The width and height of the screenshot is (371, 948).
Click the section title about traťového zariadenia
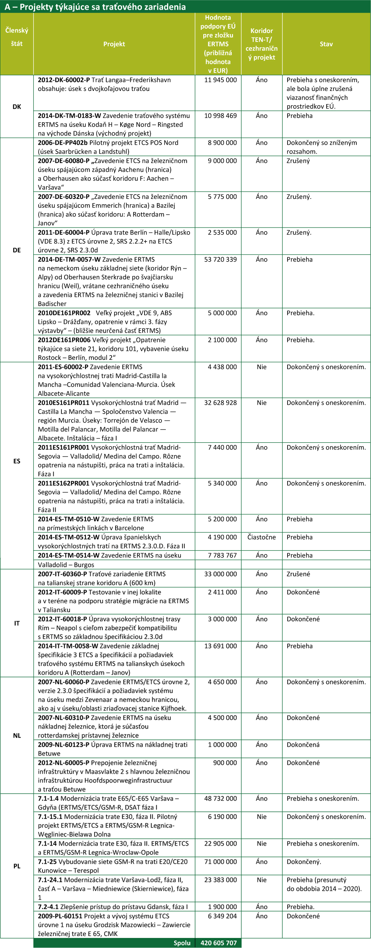(x=95, y=7)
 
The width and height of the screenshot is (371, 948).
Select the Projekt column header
(x=114, y=44)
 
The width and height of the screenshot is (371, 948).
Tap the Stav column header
(x=326, y=44)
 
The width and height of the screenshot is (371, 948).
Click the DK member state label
(x=17, y=106)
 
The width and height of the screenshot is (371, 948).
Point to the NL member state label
(x=17, y=736)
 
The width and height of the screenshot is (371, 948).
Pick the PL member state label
(x=17, y=866)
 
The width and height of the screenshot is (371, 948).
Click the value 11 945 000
(x=220, y=80)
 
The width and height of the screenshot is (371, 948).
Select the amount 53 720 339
(x=220, y=260)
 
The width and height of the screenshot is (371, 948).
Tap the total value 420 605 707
(x=218, y=943)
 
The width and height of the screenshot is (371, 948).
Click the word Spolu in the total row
(x=182, y=943)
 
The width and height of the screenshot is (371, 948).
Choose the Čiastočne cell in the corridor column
(x=262, y=537)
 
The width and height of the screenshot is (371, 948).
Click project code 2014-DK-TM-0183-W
(x=69, y=116)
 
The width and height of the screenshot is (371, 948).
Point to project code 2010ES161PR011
(x=63, y=403)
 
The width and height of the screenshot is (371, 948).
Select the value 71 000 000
(x=220, y=862)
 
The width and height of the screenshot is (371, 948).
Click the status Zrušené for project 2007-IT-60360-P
(x=298, y=574)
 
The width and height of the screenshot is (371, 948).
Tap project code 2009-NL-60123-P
(x=63, y=745)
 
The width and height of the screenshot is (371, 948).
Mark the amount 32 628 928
(x=220, y=403)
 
